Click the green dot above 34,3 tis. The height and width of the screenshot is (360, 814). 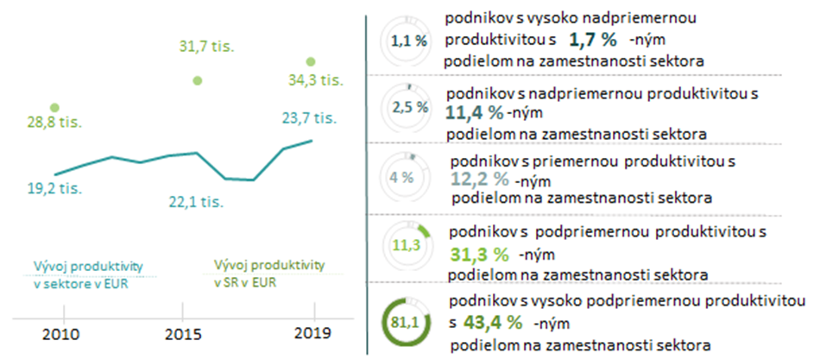[x=312, y=61]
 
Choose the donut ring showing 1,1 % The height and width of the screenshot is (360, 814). [x=404, y=40]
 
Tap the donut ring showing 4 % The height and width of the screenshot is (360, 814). [x=404, y=178]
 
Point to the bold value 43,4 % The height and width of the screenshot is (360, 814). [x=493, y=323]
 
